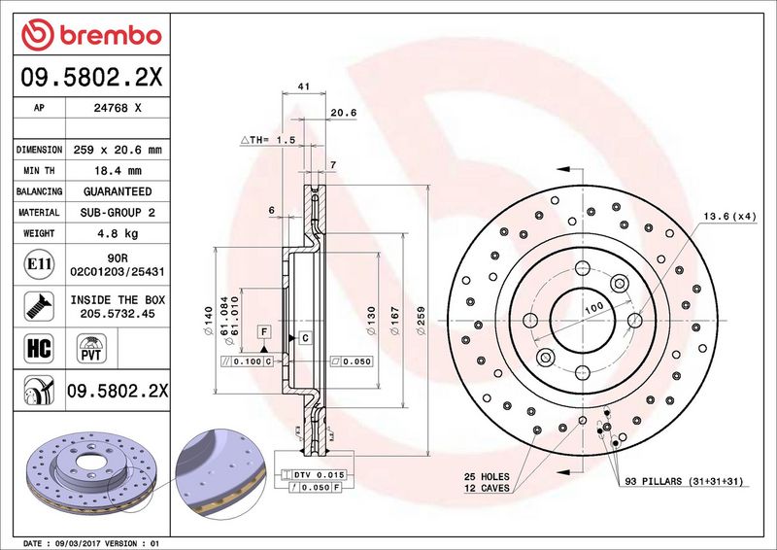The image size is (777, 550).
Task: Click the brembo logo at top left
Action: pos(91,35)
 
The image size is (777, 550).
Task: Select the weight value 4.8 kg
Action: pos(118,233)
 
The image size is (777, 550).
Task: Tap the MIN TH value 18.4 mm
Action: pos(118,171)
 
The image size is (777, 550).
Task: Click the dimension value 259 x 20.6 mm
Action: pos(118,150)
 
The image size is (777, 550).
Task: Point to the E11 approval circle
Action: pos(39,264)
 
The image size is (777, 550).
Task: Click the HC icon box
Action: pos(39,348)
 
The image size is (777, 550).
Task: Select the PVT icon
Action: pos(91,348)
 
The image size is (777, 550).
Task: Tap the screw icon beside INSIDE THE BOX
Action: pos(39,306)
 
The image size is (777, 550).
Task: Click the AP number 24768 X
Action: pos(118,108)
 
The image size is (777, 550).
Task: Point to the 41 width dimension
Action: pos(304,86)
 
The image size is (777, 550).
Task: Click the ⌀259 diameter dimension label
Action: pos(422,321)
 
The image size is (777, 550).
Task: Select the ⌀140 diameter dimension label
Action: pos(209,321)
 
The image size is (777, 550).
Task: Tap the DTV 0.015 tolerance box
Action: pos(313,474)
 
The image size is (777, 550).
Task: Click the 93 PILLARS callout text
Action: pos(684,481)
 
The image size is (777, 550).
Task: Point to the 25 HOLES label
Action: pos(487,476)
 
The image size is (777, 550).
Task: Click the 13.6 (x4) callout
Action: pos(730,217)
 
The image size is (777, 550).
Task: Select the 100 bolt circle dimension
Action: pos(593,308)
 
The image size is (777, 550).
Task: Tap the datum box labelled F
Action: pos(264,331)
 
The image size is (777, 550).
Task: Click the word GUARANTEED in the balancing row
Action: pos(118,191)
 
